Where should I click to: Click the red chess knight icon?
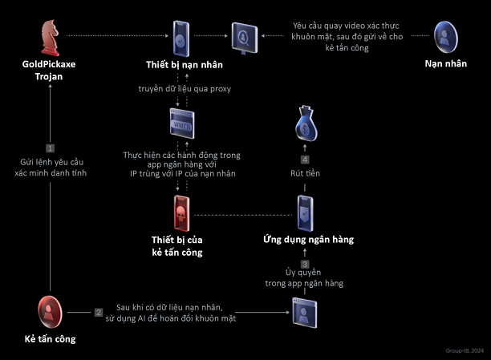[x=50, y=37]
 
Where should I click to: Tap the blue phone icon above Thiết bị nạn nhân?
[x=181, y=37]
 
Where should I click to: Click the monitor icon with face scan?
[x=243, y=36]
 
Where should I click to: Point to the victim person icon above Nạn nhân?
[x=447, y=37]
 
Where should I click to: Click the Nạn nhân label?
[x=447, y=63]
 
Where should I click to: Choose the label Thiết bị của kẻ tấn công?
[x=177, y=245]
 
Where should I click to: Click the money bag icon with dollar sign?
[x=305, y=124]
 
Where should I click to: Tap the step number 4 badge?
[x=305, y=158]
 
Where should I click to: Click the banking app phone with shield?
[x=304, y=213]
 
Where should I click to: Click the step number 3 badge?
[x=305, y=264]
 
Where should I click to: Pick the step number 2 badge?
[x=99, y=312]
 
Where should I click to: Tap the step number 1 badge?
[x=50, y=148]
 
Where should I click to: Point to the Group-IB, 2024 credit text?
[x=466, y=351]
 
